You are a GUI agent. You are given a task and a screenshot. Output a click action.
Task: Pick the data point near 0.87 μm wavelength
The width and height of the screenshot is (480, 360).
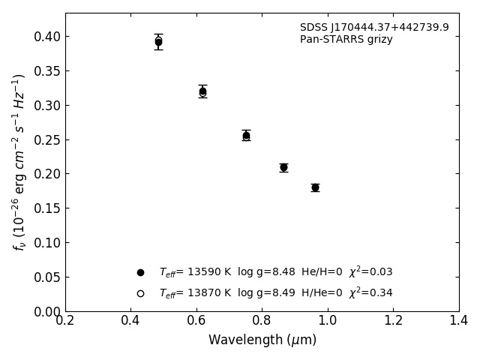click(x=283, y=167)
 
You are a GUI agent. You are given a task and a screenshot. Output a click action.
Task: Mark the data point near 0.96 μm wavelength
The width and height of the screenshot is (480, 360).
click(x=315, y=187)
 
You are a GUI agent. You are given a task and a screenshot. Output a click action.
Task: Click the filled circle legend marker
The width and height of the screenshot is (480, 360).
click(x=140, y=272)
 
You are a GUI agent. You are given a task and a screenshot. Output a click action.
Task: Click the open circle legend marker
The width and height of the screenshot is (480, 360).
click(x=140, y=293)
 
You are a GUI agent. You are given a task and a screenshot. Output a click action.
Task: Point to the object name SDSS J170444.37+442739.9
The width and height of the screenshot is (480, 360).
click(x=374, y=28)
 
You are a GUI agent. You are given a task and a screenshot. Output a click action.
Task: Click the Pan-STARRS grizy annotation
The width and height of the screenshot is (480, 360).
click(x=346, y=40)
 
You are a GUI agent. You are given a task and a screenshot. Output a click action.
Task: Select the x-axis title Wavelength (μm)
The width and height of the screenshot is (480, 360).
click(x=262, y=340)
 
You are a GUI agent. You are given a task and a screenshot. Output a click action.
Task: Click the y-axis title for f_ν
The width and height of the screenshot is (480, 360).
click(x=19, y=161)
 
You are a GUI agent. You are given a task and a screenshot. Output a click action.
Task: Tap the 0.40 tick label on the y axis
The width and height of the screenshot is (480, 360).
click(x=46, y=37)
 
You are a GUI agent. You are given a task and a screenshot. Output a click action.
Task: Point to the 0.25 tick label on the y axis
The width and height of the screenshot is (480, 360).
click(x=46, y=139)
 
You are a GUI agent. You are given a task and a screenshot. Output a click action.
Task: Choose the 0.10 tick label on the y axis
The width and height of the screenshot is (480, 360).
click(x=46, y=243)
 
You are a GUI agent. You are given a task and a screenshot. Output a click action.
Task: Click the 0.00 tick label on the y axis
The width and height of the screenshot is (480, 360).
click(x=46, y=311)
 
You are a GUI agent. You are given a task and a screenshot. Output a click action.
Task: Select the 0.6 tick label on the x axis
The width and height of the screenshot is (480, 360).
click(x=196, y=321)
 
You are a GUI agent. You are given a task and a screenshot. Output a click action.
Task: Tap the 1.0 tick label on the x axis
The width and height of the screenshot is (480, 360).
click(x=328, y=321)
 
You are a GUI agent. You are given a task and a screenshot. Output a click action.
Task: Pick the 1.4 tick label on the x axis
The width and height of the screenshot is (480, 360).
click(x=459, y=321)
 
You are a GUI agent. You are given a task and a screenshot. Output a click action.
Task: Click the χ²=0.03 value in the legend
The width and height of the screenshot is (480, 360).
click(x=370, y=272)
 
